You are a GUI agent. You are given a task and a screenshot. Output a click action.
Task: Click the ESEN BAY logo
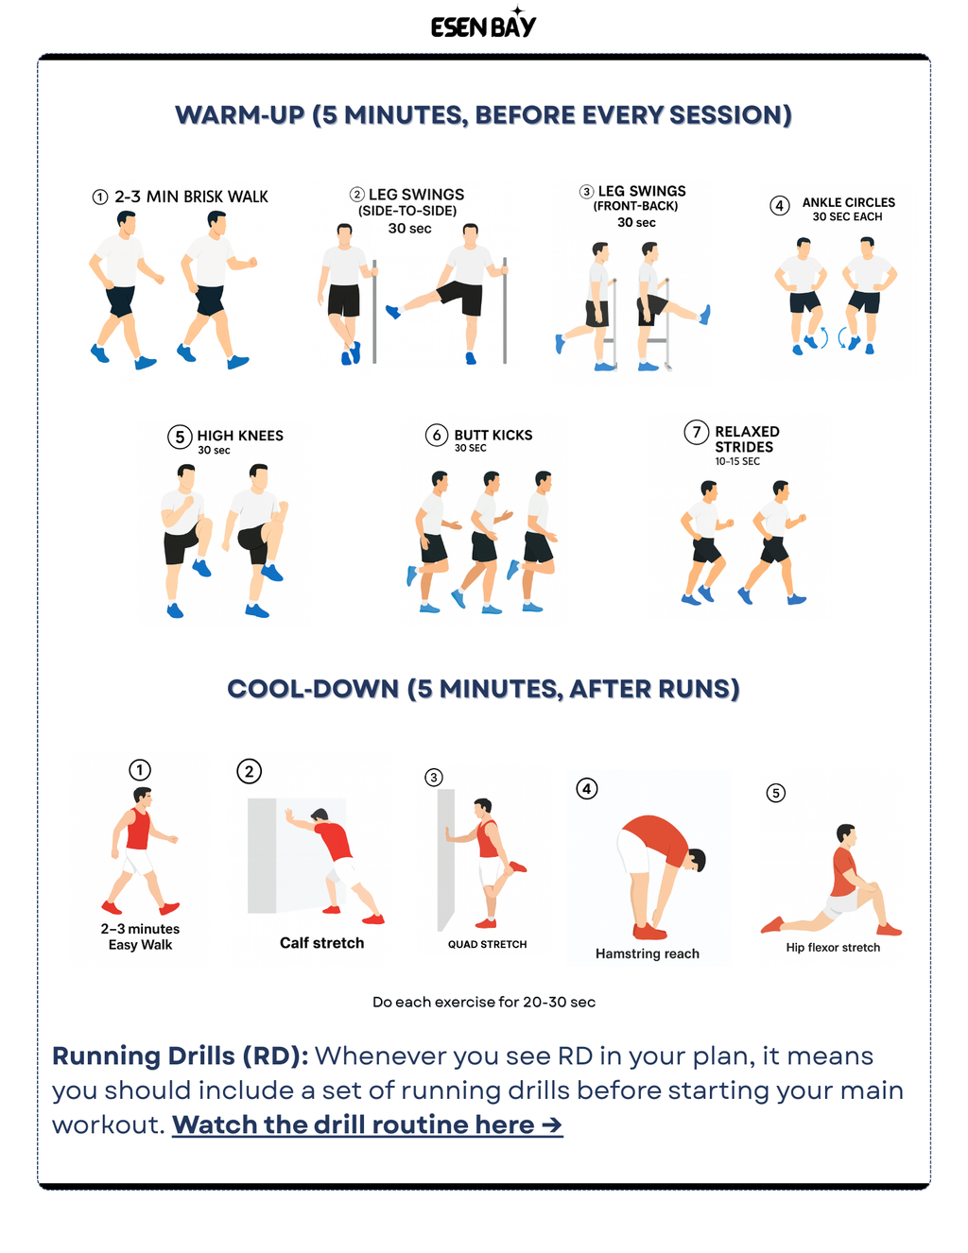483,26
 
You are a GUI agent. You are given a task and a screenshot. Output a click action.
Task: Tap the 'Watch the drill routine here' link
367,1124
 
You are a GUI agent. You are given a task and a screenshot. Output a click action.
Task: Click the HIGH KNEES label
240,436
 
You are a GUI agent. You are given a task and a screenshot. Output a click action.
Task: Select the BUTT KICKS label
493,435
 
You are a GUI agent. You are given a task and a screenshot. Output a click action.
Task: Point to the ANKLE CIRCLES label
848,202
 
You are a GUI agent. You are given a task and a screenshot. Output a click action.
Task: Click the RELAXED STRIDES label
746,439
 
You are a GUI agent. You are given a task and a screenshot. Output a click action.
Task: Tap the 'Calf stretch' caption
321,942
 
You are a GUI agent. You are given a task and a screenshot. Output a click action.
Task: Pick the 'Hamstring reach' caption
648,953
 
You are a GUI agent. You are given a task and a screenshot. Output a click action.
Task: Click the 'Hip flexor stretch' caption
833,947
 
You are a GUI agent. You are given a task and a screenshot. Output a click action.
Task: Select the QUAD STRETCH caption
487,944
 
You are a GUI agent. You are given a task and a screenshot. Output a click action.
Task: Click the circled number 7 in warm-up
697,433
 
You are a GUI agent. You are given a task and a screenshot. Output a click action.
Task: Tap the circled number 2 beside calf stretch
249,771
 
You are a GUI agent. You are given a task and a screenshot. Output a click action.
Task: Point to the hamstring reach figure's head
697,860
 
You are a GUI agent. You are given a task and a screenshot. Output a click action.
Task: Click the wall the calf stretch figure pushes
262,855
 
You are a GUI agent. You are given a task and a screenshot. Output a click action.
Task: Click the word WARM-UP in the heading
239,115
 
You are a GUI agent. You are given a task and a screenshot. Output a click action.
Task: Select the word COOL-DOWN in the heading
313,689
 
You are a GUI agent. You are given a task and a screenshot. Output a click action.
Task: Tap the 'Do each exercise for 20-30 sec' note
483,1002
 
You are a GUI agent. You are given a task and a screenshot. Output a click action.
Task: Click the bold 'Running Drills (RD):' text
180,1056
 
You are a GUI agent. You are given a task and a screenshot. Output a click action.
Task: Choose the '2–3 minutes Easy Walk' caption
140,936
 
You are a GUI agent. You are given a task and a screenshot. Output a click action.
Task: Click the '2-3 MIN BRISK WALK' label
191,197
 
